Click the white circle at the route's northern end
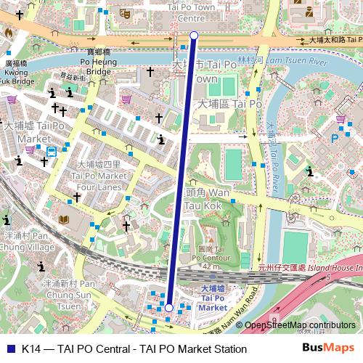tap(194, 35)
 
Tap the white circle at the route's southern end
tap(168, 308)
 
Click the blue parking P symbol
tap(335, 137)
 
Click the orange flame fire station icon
tap(8, 33)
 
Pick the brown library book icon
tap(64, 219)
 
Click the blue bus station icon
tap(52, 152)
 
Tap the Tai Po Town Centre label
tap(192, 12)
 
